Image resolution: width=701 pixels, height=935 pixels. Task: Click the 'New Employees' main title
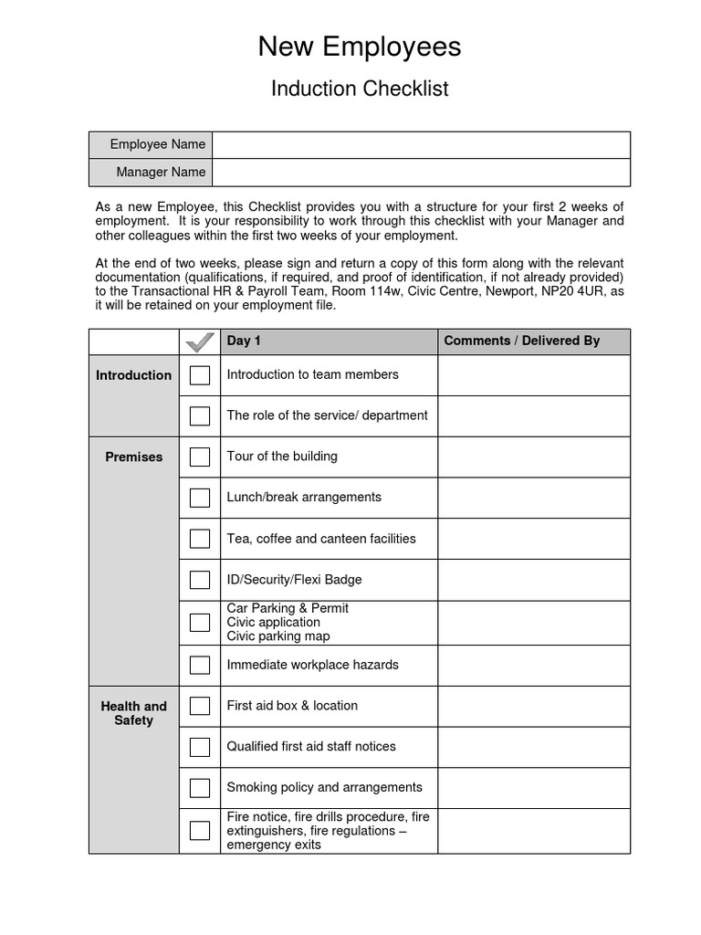[360, 47]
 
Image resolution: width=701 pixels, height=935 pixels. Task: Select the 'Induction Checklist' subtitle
[360, 89]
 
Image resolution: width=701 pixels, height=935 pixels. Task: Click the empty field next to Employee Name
[421, 144]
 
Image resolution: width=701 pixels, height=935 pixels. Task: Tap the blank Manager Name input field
[421, 172]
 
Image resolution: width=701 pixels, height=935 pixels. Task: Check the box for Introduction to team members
[200, 375]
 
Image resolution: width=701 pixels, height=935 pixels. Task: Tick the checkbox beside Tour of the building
[200, 457]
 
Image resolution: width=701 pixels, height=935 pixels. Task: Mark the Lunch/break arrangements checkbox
[200, 498]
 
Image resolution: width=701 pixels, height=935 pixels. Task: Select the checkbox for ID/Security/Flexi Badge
[200, 580]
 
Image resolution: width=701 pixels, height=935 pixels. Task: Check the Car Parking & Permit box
[200, 623]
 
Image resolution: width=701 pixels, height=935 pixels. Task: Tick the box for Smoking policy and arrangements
[200, 788]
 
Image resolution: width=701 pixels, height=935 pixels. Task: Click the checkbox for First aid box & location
[200, 706]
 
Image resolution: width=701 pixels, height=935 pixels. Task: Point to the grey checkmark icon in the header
[200, 342]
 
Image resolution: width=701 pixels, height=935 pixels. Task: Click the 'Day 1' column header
[244, 341]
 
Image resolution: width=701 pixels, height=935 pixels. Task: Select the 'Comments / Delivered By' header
[521, 341]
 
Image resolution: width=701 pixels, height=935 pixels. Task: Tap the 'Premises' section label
[134, 457]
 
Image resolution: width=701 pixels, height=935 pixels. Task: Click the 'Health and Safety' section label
[134, 712]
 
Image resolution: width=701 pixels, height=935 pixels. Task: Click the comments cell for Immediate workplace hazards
[534, 665]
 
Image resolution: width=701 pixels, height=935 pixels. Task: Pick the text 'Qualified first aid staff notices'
[311, 746]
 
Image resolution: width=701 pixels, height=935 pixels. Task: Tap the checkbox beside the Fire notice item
[200, 831]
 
